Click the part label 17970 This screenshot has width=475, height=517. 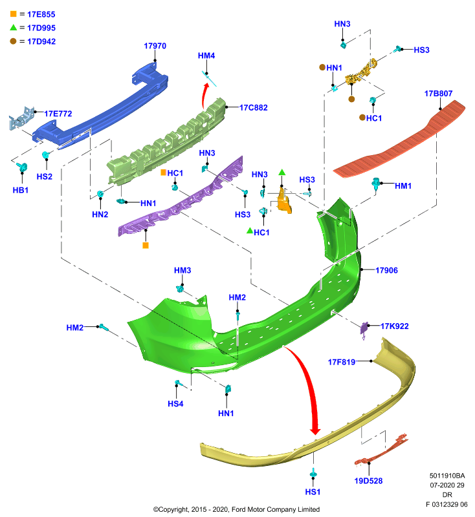point(155,46)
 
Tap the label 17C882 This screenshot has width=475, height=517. point(253,107)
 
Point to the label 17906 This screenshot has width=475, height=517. point(386,270)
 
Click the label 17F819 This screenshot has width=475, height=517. point(341,362)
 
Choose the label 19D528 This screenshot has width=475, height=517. point(368,481)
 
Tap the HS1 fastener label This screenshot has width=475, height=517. point(313,492)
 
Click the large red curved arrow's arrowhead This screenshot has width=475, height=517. point(315,430)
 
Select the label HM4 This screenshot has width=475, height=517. point(206,56)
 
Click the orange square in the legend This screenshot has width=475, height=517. point(13,14)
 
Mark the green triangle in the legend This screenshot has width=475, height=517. point(13,27)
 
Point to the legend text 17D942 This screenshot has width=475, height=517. point(41,41)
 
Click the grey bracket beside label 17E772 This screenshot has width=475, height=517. point(21,118)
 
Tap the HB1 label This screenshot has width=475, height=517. point(21,190)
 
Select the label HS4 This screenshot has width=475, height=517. point(175,404)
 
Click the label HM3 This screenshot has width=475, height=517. point(182,270)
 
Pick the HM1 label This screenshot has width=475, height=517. point(403,186)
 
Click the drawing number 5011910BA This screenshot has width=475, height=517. point(447,476)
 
